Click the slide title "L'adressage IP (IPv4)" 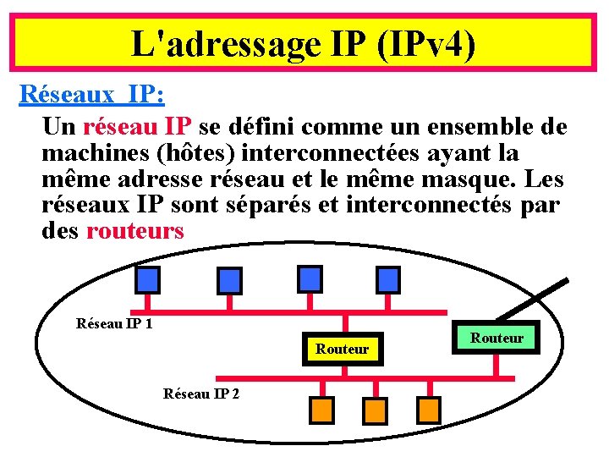coord(304,43)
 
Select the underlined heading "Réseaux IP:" coord(91,94)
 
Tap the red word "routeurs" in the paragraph coord(134,231)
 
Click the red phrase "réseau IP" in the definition coord(138,127)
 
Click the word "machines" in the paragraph coord(93,153)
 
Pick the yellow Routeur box coord(343,349)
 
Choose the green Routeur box coord(497,338)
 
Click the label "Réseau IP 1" coord(114,323)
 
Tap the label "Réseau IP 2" coord(201,394)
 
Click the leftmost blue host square coord(148,279)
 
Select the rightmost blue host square coord(388,278)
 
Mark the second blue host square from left coord(229,279)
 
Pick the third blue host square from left coord(310,278)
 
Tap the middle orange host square coord(375,410)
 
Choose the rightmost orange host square coord(429,410)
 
